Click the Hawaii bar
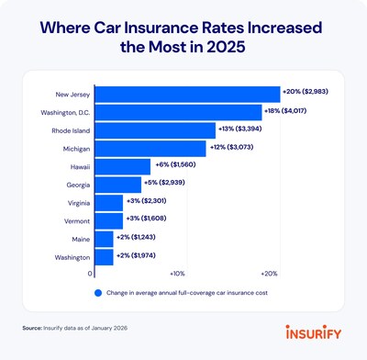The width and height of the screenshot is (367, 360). click(123, 166)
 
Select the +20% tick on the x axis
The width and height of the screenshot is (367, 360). click(270, 274)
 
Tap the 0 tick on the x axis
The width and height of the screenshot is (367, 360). click(91, 274)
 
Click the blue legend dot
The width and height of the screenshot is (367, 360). click(96, 293)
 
